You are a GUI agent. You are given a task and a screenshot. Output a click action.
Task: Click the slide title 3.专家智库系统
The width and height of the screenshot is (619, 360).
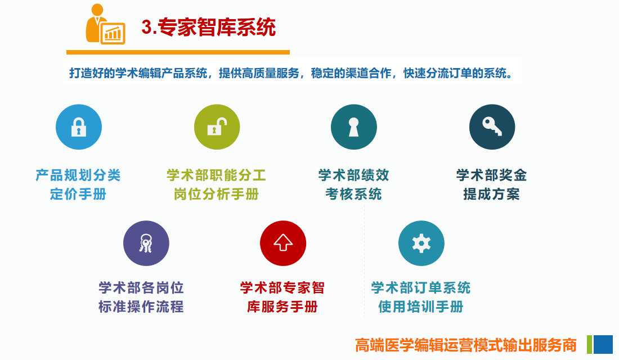(208, 27)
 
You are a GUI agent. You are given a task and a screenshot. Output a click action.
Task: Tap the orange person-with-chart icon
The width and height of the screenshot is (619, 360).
(105, 24)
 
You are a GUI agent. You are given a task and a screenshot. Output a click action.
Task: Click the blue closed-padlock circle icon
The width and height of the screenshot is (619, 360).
(79, 127)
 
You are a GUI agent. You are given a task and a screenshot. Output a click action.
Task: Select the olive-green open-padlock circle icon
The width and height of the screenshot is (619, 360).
(217, 127)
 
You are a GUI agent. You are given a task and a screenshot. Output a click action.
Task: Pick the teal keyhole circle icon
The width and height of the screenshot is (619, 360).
(354, 127)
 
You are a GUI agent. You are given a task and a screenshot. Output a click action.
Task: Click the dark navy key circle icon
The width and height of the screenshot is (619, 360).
(492, 127)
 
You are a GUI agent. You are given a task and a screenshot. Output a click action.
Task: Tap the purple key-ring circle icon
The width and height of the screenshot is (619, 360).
(146, 243)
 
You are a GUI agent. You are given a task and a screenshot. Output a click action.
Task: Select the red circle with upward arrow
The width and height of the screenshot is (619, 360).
(282, 243)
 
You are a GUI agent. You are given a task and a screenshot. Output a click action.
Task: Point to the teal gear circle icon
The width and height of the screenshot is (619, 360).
(421, 243)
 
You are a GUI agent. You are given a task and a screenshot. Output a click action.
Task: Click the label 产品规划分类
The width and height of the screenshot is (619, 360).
(78, 175)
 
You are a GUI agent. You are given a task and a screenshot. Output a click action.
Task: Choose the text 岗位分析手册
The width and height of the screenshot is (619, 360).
(216, 194)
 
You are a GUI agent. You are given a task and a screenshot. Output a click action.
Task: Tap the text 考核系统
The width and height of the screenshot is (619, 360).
(354, 194)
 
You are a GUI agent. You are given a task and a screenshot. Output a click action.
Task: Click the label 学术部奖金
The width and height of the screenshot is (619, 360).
(491, 175)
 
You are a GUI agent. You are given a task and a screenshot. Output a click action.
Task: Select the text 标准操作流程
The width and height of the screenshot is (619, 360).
(141, 307)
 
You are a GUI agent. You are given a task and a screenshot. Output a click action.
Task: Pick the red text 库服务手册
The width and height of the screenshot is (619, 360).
(282, 307)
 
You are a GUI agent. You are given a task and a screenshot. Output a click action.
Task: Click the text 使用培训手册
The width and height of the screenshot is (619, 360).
(421, 307)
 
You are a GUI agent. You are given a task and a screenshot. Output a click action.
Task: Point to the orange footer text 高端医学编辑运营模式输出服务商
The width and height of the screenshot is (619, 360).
(466, 345)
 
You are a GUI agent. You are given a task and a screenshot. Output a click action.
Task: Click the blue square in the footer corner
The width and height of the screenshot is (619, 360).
(603, 344)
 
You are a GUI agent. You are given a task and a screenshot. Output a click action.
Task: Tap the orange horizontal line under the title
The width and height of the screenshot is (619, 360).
(178, 52)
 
